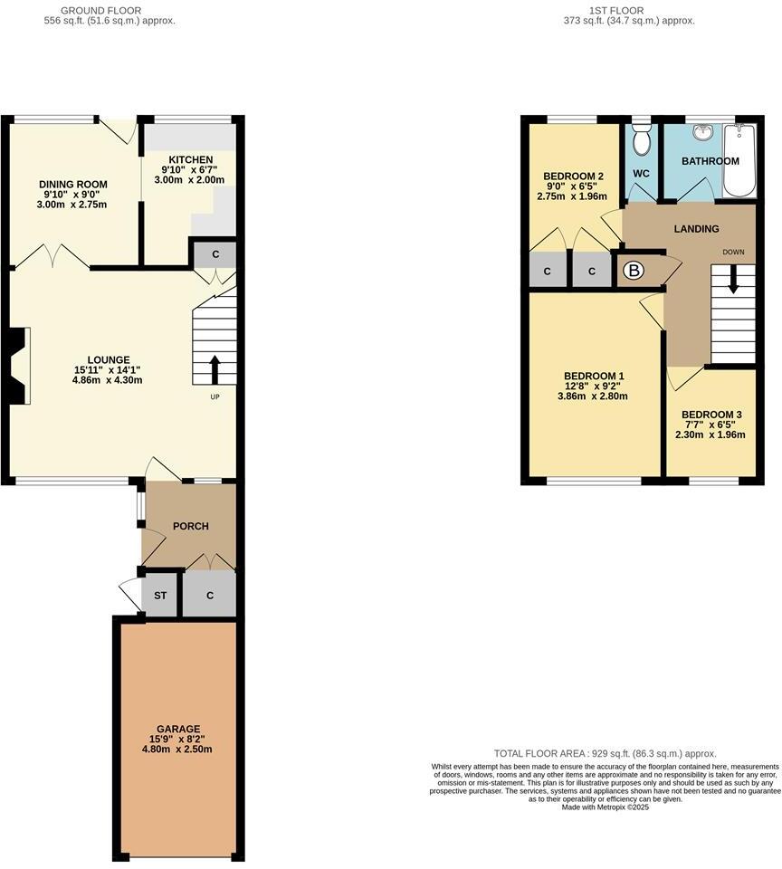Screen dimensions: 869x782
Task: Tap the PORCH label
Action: [x=191, y=526]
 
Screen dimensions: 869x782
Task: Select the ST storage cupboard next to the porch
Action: [x=160, y=595]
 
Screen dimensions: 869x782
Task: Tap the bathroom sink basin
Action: [x=702, y=132]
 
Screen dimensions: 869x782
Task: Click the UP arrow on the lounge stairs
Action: [x=215, y=368]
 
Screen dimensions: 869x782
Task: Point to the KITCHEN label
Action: [x=191, y=159]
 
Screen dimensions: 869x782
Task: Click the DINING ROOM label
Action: [x=73, y=185]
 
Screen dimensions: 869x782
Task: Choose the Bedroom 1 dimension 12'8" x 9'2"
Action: [x=595, y=386]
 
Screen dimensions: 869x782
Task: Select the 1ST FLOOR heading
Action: [x=615, y=10]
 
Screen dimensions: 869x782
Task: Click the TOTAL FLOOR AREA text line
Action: [x=605, y=753]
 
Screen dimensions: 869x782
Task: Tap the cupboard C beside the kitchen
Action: [x=215, y=253]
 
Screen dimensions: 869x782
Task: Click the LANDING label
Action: [x=697, y=229]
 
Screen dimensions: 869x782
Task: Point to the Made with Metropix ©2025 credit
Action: [x=605, y=807]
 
